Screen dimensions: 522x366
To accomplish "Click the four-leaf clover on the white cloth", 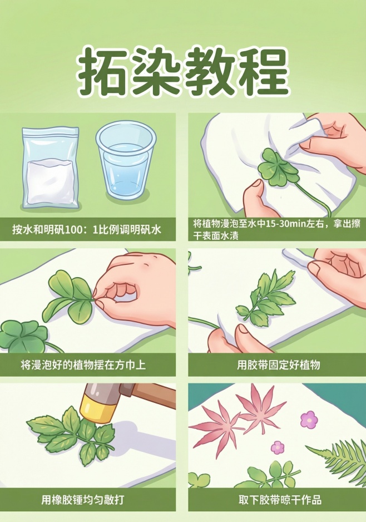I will [279, 167].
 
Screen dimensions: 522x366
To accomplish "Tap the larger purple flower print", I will [308, 419].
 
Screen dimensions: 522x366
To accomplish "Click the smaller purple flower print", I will [278, 447].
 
